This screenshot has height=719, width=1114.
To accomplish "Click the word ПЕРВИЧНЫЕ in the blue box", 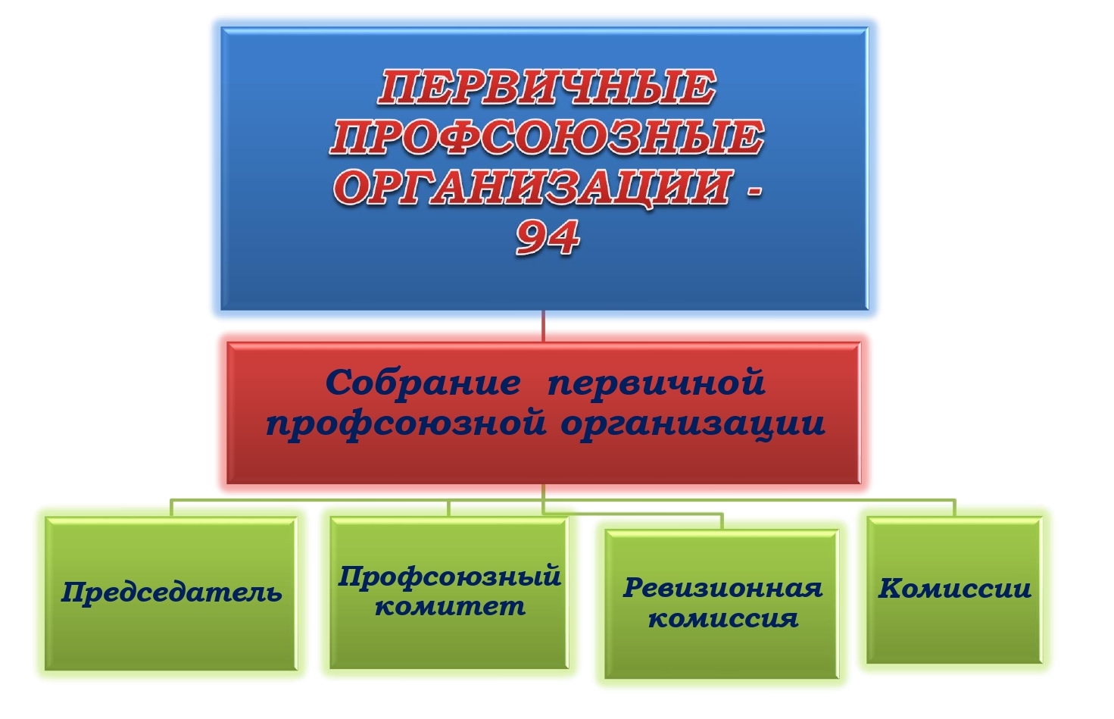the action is pyautogui.click(x=547, y=88).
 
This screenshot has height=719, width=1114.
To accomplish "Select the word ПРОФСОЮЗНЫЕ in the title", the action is pyautogui.click(x=547, y=139).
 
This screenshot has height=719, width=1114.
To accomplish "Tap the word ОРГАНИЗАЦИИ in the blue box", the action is pyautogui.click(x=533, y=188).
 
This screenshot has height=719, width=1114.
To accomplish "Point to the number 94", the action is pyautogui.click(x=547, y=238).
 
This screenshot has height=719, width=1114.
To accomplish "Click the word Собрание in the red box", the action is pyautogui.click(x=423, y=383).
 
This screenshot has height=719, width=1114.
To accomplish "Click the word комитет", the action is pyautogui.click(x=450, y=607).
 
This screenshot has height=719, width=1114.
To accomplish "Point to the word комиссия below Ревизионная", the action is pyautogui.click(x=723, y=619).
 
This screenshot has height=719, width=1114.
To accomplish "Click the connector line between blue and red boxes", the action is pyautogui.click(x=543, y=326).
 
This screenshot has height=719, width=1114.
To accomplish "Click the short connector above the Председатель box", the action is pyautogui.click(x=172, y=508).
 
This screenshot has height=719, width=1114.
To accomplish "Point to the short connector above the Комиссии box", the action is pyautogui.click(x=954, y=508).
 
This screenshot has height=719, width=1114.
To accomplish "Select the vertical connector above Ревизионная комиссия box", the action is pyautogui.click(x=722, y=521).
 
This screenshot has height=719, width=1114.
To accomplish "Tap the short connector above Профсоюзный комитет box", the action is pyautogui.click(x=448, y=508).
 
